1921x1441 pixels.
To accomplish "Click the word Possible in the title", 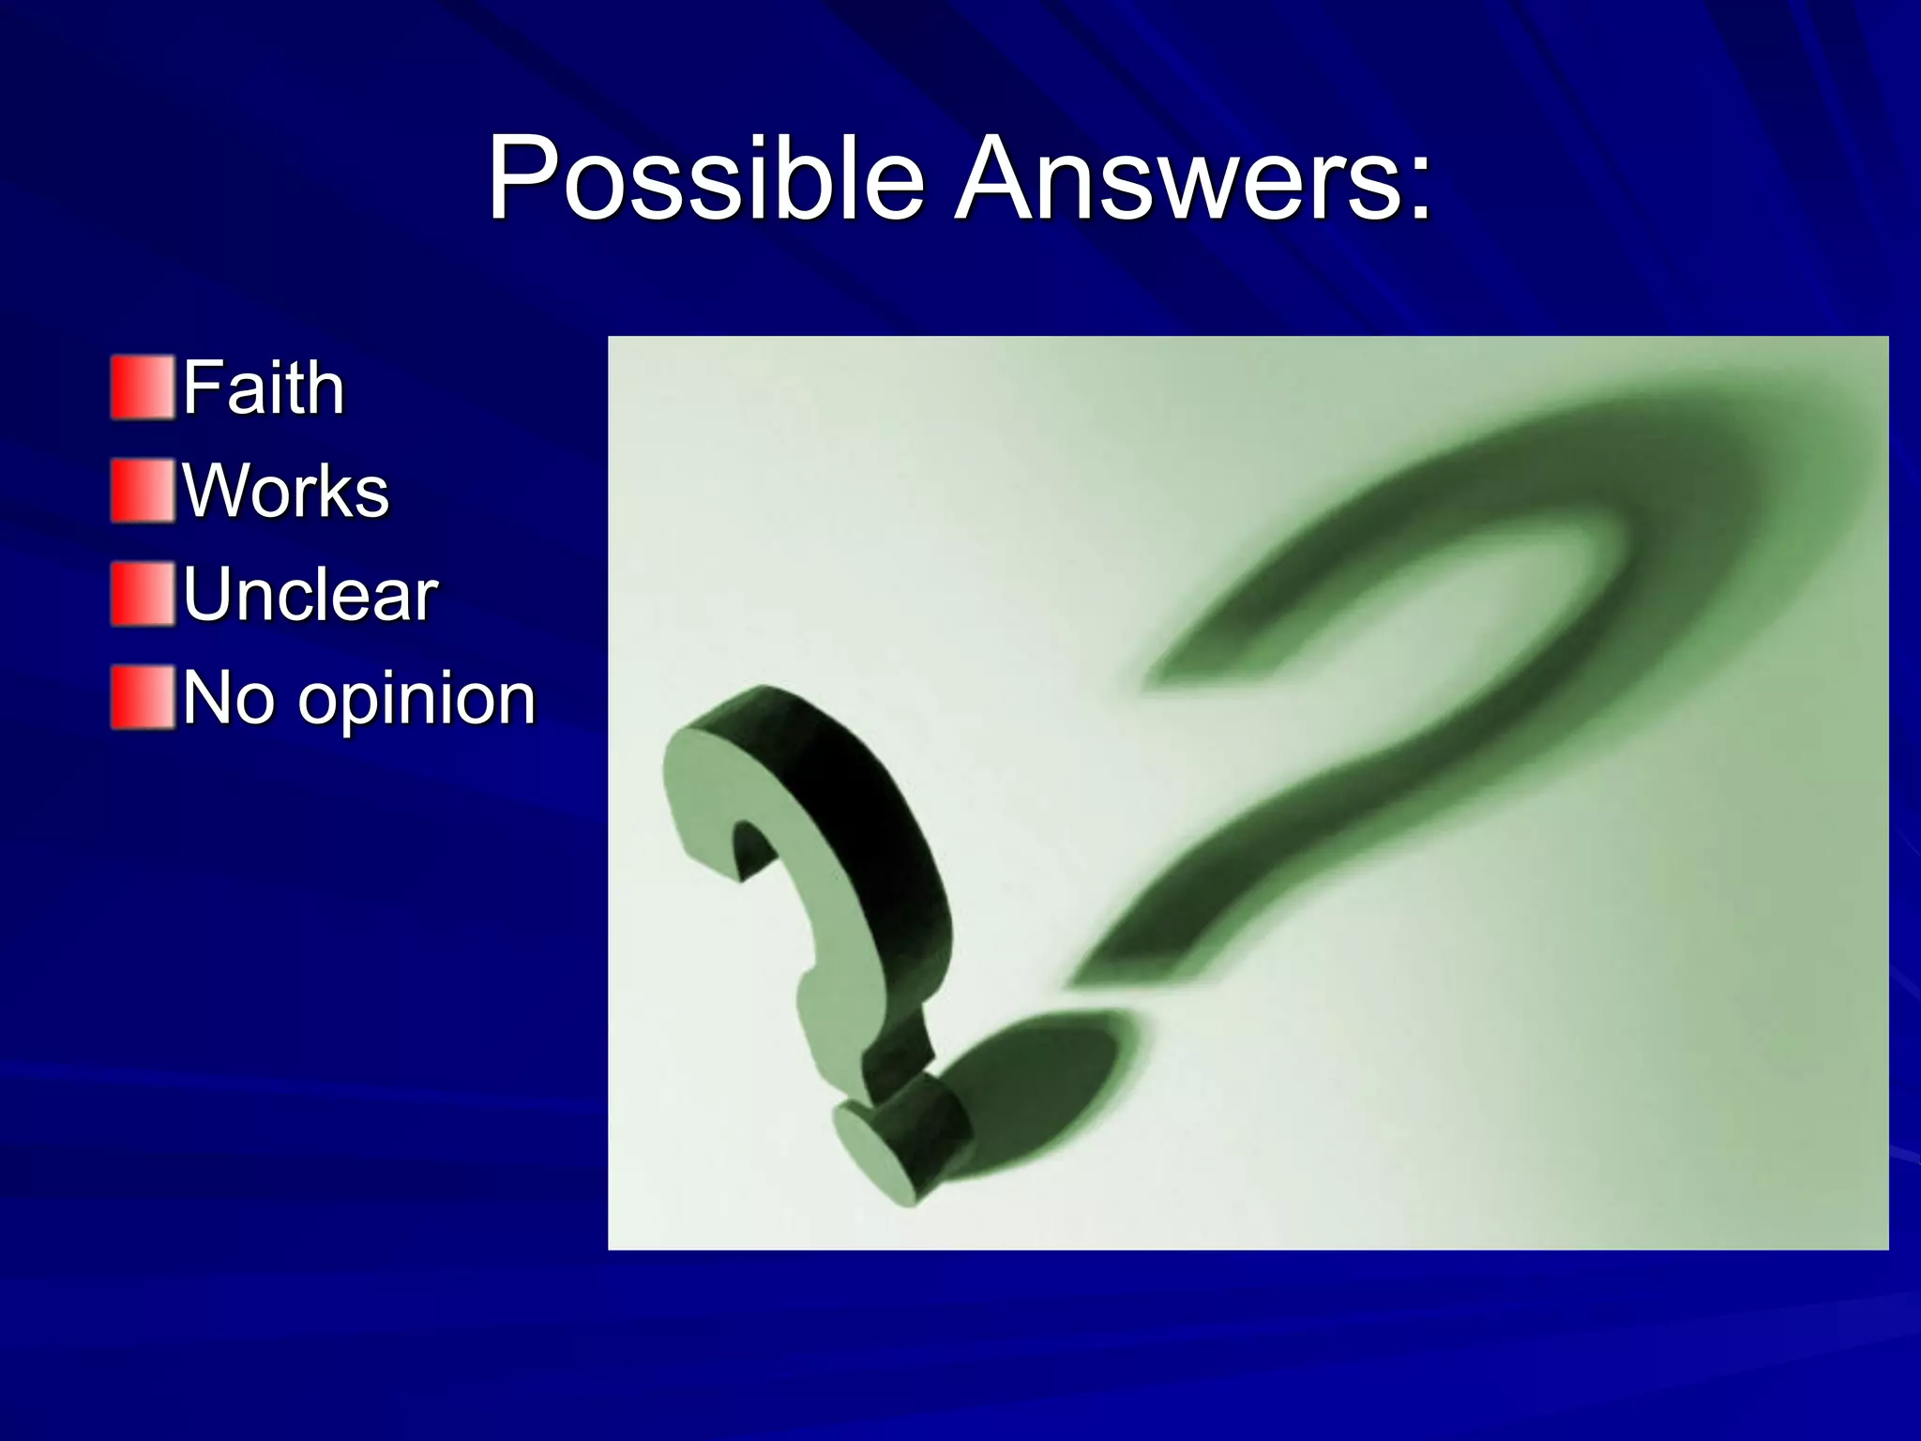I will pyautogui.click(x=705, y=178).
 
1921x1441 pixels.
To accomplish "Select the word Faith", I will pyautogui.click(x=264, y=387).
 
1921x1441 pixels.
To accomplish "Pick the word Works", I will pyautogui.click(x=285, y=491).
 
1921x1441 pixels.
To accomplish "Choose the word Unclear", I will pyautogui.click(x=310, y=594).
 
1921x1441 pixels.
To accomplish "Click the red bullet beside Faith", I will pyautogui.click(x=143, y=387).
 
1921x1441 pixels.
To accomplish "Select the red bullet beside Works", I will pyautogui.click(x=143, y=490).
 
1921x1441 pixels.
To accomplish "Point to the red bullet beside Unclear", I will pyautogui.click(x=143, y=594).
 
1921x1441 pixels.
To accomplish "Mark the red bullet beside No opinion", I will pyautogui.click(x=143, y=697).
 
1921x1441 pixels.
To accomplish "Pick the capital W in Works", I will pyautogui.click(x=216, y=491).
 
